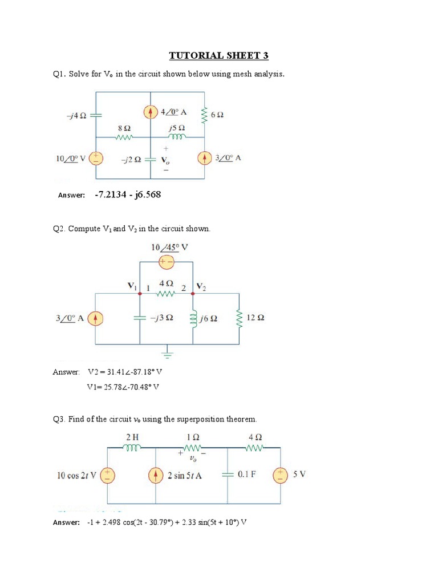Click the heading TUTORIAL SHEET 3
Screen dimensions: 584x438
218,55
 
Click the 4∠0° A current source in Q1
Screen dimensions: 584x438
151,112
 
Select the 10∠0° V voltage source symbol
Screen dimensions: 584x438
96,158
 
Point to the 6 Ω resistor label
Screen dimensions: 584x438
217,115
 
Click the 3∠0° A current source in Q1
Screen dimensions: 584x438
205,158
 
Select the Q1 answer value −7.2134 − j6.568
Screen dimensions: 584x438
124,195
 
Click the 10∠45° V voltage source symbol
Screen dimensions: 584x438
167,262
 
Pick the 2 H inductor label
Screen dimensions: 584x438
132,437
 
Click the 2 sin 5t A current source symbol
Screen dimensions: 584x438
156,475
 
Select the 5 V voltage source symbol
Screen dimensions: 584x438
281,475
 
